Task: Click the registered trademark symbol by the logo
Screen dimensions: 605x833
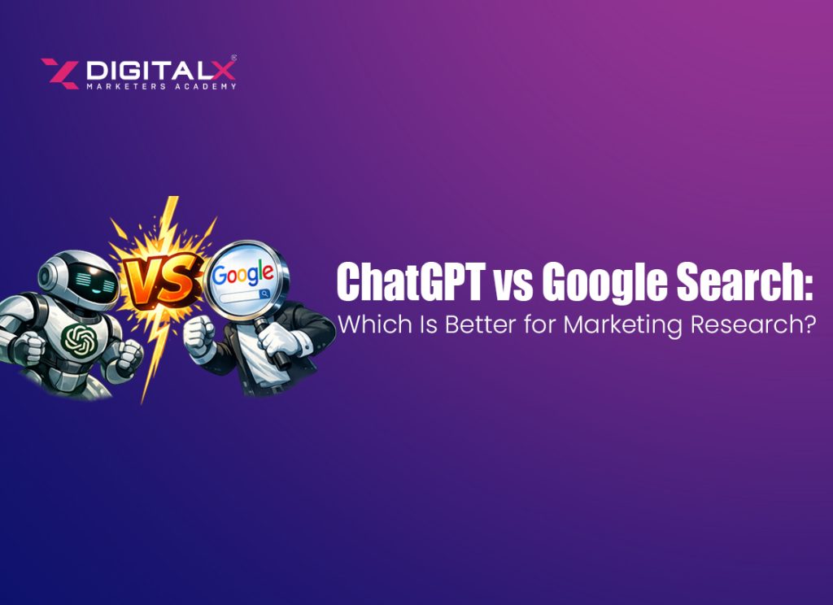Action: point(234,59)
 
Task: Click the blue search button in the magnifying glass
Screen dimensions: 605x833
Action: point(264,297)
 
